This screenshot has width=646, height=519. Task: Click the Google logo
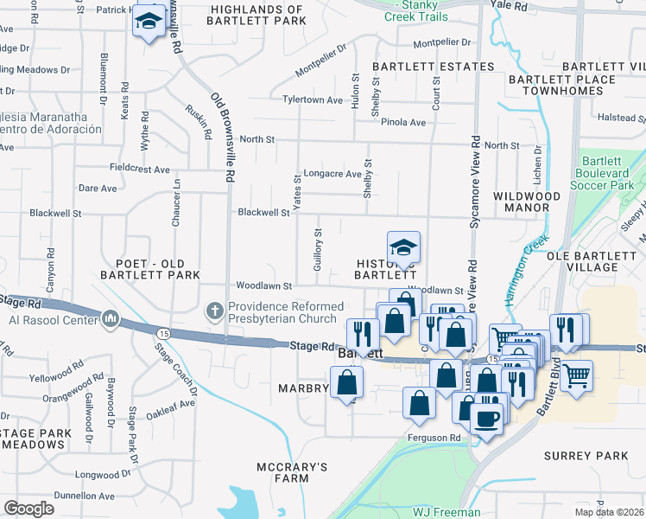[x=28, y=509]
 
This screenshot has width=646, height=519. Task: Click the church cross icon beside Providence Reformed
[x=215, y=310]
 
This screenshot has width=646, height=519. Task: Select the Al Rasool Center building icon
[x=110, y=321]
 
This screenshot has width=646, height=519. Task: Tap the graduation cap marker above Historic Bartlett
[x=402, y=249]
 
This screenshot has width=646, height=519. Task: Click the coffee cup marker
[x=487, y=420]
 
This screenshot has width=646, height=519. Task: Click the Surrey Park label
[x=586, y=455]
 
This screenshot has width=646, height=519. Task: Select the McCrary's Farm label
[x=293, y=472]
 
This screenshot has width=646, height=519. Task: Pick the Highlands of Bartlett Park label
[x=257, y=15]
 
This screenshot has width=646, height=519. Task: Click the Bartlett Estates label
[x=433, y=67]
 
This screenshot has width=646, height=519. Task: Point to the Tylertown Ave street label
[x=313, y=99]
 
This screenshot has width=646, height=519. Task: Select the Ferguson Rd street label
[x=434, y=438]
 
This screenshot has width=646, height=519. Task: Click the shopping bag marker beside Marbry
[x=346, y=383]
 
